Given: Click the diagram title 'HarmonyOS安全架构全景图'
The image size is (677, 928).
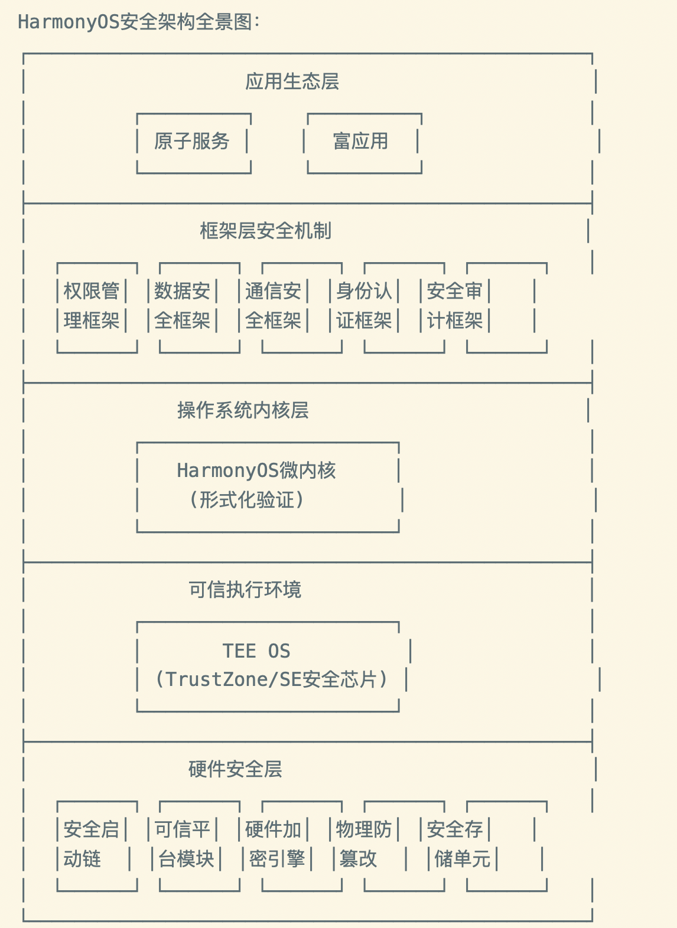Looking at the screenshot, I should coord(139,22).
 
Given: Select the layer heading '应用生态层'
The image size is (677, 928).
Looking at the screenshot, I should coord(292,81).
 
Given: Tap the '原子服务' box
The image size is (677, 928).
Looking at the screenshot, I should coord(192,142).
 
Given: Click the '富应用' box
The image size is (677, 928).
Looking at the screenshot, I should coord(361,142).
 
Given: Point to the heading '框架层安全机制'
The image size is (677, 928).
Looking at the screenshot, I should coord(266,231).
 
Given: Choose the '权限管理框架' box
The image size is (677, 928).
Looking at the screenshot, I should coord(92,306).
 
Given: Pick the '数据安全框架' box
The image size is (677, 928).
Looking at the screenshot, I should coord(183,306).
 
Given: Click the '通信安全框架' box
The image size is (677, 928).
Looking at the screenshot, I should coord(274,306).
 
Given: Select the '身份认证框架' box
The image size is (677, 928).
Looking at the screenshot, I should coord(364,306).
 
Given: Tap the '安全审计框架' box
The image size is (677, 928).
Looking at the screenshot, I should coord(455,306).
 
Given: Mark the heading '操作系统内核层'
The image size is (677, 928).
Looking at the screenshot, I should coord(243,410).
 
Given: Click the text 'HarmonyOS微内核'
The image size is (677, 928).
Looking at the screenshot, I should coord(256,470).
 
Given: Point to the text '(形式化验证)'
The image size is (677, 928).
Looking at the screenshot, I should coord(247,500).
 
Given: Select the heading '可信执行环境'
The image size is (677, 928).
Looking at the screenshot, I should coord(245,590).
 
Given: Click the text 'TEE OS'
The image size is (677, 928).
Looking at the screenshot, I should coord(256,651).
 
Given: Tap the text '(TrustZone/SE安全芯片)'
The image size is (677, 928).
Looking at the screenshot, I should coord(271,679).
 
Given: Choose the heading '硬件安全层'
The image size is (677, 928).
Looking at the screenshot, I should coord(235,769).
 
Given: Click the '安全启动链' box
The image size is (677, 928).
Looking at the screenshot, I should coord(92,844).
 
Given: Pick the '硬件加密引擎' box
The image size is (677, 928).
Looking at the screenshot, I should coord(275,844).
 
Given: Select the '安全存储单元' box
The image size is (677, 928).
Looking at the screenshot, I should coord(458,844).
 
